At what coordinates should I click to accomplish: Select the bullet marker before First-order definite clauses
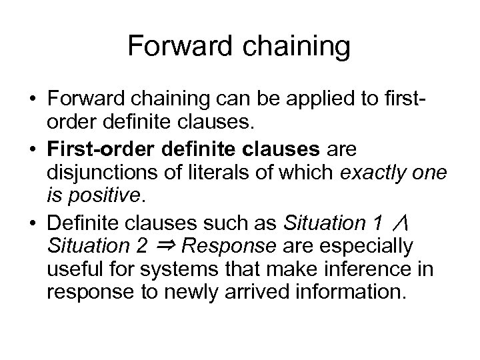[31, 147]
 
